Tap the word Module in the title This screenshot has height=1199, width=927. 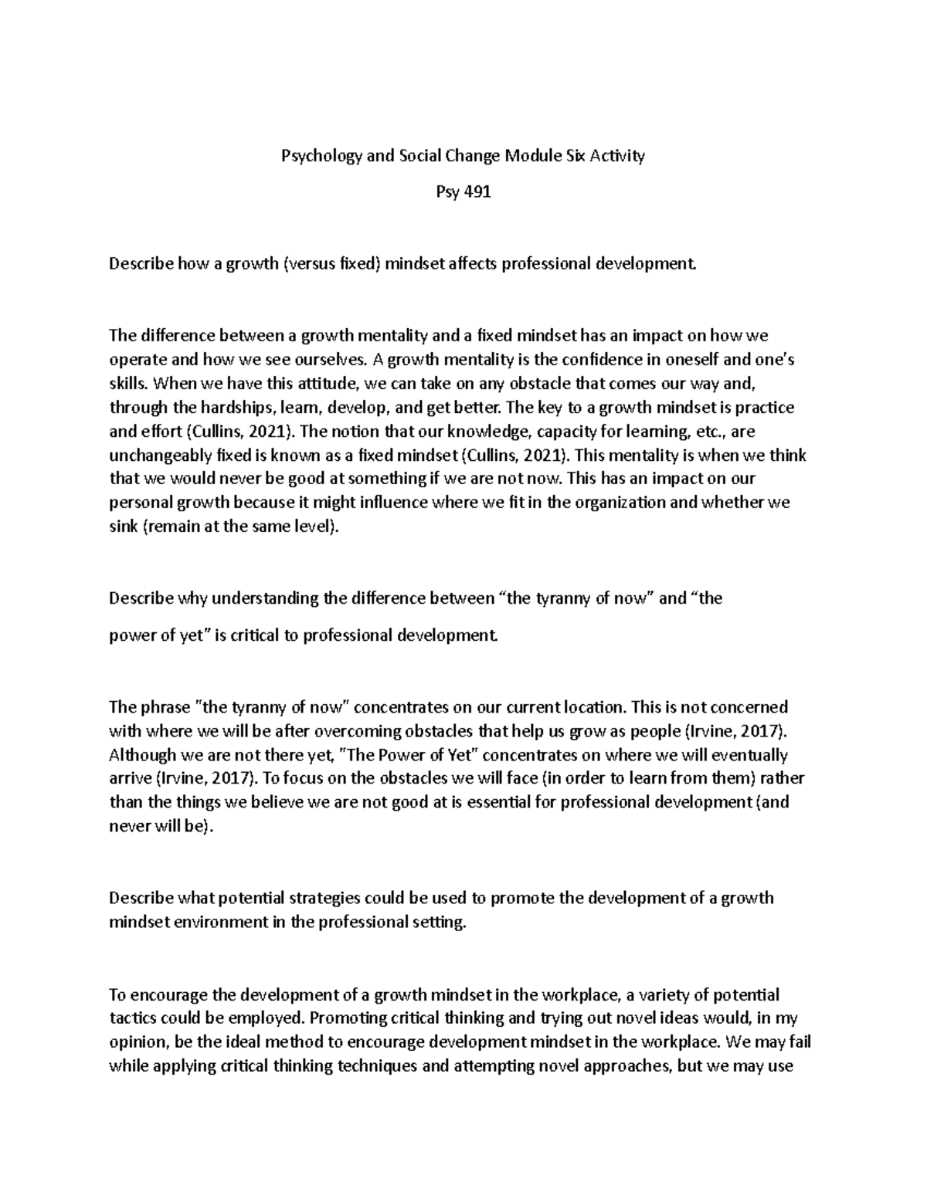528,156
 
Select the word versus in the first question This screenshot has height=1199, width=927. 312,264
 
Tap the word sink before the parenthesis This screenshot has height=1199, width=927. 124,527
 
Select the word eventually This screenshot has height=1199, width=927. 744,754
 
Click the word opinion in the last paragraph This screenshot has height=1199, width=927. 138,1042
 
